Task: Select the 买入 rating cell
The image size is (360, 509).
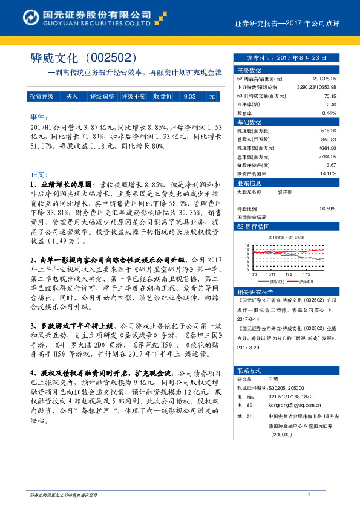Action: pyautogui.click(x=72, y=97)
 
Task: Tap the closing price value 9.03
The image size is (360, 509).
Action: pyautogui.click(x=189, y=97)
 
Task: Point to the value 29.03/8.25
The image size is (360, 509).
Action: pyautogui.click(x=324, y=79)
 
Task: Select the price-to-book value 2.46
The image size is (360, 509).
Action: pyautogui.click(x=331, y=104)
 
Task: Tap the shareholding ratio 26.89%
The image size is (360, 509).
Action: pyautogui.click(x=327, y=209)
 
